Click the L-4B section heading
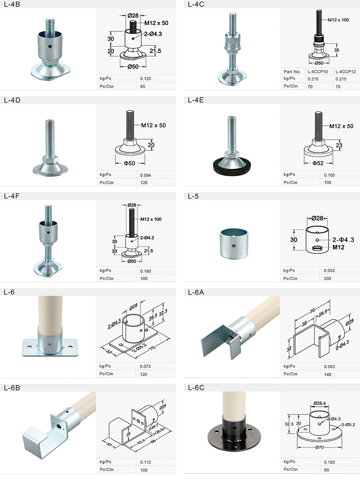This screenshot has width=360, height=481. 12,4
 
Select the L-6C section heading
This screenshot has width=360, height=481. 196,388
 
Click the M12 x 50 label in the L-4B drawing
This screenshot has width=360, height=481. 156,23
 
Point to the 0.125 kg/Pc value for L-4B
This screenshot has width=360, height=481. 146,79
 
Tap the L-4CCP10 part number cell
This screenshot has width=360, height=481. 317,71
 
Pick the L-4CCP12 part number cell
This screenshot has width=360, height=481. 345,71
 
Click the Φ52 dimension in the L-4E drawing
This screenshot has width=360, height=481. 318,163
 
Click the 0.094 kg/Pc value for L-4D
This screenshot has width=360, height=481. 146,175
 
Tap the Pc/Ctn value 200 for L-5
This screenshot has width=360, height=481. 327,279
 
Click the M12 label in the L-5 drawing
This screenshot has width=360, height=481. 339,247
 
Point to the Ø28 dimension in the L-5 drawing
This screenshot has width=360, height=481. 317,218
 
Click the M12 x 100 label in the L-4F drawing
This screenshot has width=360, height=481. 151,219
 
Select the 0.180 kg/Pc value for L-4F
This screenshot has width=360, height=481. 146,271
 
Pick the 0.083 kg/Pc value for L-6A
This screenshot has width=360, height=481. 329,367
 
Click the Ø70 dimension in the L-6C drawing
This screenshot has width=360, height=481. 319,447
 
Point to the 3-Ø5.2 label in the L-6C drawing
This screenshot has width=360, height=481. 348,425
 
